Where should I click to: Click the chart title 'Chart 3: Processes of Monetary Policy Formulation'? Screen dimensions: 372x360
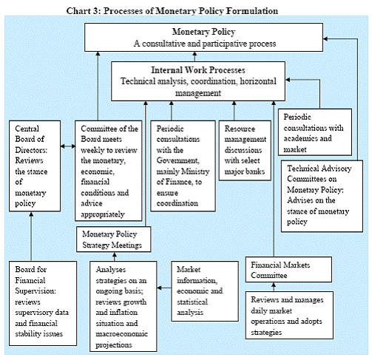172,11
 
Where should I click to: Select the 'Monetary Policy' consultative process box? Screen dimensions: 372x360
203,38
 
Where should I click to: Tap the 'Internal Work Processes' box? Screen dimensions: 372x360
198,81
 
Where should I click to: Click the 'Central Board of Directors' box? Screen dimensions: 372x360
35,166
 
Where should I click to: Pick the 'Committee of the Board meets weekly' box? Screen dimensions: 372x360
109,171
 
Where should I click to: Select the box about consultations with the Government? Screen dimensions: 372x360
183,166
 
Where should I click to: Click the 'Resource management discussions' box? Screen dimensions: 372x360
245,151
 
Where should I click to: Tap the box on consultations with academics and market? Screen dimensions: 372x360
315,132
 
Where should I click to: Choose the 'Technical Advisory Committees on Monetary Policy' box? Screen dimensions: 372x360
322,196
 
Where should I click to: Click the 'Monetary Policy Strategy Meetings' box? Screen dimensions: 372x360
113,240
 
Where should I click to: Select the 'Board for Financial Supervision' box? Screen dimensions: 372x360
43,303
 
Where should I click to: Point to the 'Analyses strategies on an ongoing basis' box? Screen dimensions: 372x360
124,306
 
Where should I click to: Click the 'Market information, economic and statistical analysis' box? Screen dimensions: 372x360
205,291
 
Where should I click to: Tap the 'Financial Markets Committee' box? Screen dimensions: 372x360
288,270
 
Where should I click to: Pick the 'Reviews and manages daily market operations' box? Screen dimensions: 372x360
289,316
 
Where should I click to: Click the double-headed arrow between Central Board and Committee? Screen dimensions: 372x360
68,146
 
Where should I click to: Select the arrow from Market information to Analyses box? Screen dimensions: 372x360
164,288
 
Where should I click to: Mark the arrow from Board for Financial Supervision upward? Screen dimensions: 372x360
31,237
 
